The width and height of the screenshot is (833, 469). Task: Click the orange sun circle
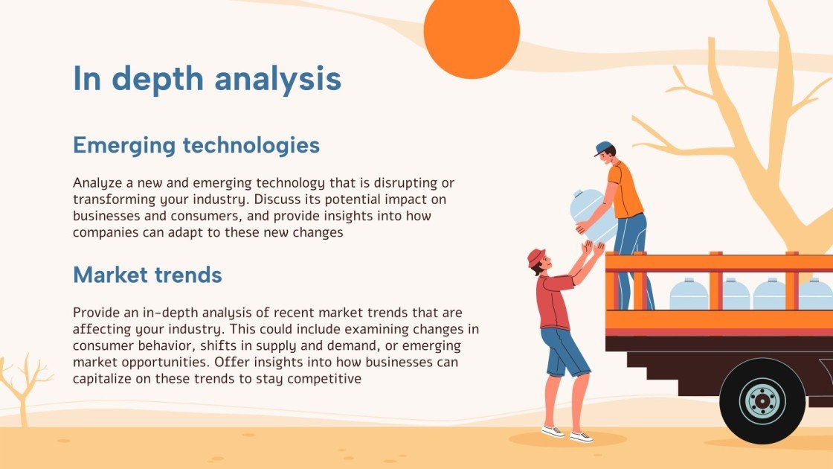(x=472, y=33)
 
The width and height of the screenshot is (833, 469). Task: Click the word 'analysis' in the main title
(x=277, y=79)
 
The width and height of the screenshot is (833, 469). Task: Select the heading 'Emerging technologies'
(x=196, y=145)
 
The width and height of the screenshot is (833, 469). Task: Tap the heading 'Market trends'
(x=147, y=275)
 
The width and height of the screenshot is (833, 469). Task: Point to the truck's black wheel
(x=762, y=401)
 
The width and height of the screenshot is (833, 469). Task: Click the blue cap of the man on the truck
(x=603, y=148)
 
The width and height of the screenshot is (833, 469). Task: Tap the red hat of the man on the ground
(x=536, y=257)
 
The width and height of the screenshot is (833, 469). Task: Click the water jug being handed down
(x=592, y=215)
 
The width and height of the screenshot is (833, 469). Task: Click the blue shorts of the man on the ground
(x=565, y=352)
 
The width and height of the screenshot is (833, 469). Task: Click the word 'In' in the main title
(x=86, y=79)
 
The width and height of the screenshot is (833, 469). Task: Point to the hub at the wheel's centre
(x=762, y=401)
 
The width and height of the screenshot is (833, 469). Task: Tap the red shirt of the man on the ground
(x=554, y=301)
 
